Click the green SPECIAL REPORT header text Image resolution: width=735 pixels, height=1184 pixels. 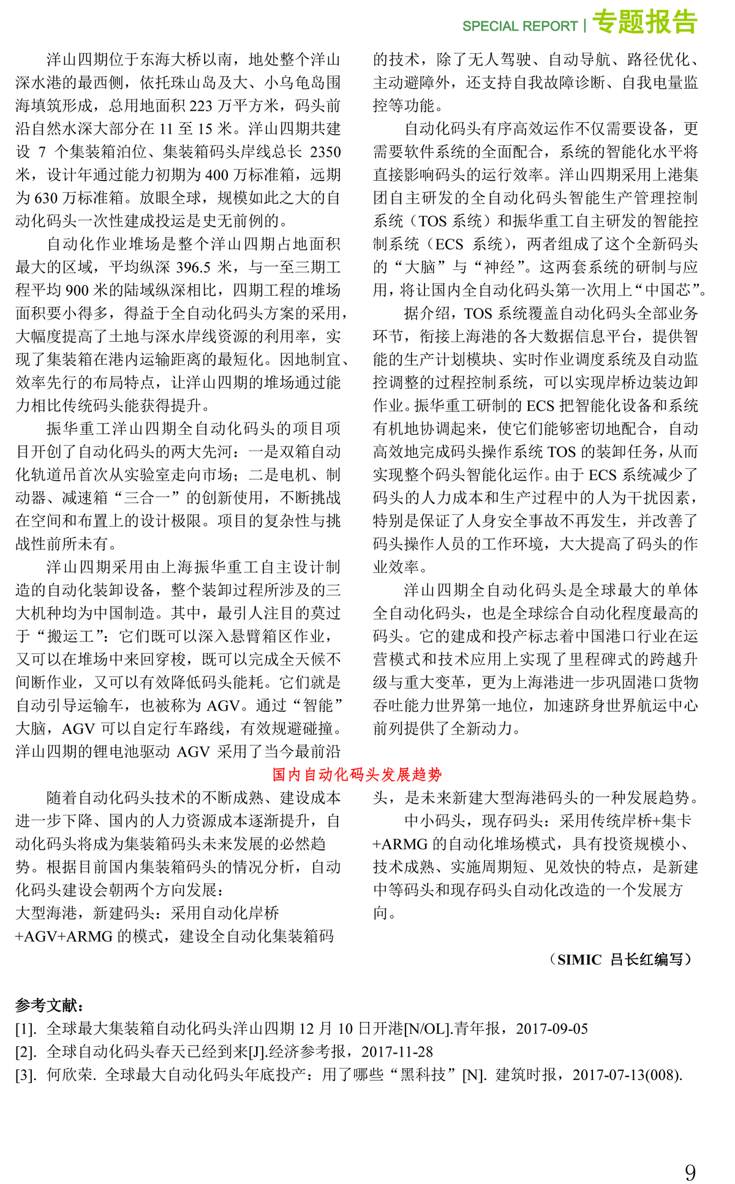[519, 26]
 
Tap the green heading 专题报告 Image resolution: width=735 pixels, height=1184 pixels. [645, 22]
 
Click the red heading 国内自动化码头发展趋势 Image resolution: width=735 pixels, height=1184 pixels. [357, 775]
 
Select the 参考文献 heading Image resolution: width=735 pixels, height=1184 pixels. [50, 1005]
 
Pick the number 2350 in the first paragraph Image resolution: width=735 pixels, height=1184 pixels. [325, 152]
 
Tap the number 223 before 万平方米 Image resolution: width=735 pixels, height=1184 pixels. [201, 106]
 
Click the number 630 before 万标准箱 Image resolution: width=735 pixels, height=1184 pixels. [46, 198]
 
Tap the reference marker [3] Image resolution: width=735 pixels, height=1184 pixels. [26, 1075]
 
